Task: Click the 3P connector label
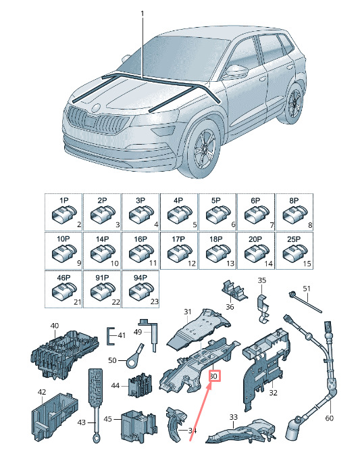click(140, 200)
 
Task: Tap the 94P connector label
click(140, 278)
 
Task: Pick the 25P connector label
click(294, 239)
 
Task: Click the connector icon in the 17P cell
click(179, 253)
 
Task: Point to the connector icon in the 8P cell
click(294, 214)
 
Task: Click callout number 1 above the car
click(143, 14)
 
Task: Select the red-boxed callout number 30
click(214, 376)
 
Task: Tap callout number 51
click(307, 289)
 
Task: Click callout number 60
click(330, 418)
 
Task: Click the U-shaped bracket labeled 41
click(111, 335)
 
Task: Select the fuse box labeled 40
click(64, 354)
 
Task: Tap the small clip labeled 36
click(234, 291)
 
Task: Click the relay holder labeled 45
click(138, 425)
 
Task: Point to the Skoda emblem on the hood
click(96, 107)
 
